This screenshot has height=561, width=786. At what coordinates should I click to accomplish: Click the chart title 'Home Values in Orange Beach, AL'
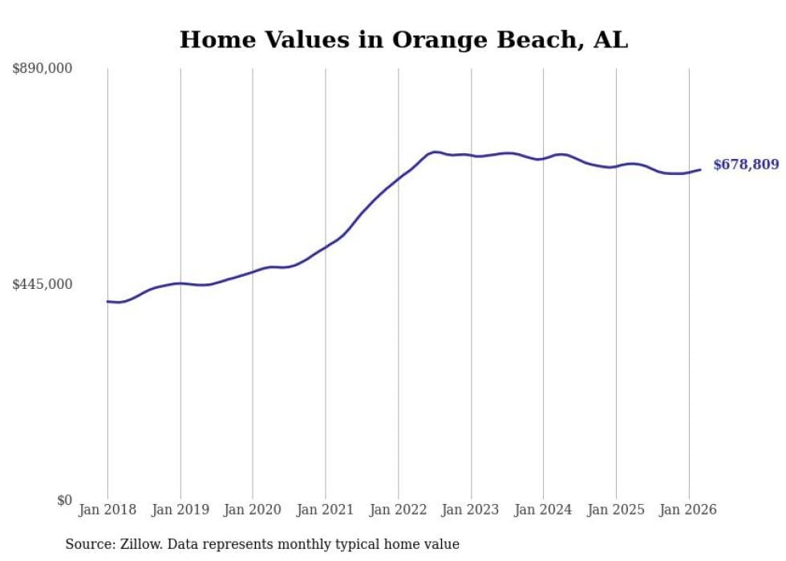coord(403,39)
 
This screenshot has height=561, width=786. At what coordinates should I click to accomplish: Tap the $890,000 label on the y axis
coord(42,69)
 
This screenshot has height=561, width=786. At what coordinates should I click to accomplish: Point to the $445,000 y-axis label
coord(42,284)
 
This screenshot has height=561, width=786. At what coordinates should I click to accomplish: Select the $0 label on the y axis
coord(64,500)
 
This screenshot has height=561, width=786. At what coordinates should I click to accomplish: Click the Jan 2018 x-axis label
coord(107,510)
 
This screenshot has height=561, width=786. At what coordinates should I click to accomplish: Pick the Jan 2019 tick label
coord(180,510)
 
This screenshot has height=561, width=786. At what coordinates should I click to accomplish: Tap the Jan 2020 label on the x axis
coord(253,510)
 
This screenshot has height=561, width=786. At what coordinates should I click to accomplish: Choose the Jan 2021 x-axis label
coord(326,510)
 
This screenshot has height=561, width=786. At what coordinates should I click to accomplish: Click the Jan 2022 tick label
coord(398,510)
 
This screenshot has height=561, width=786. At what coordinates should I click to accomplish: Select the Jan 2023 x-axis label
coord(471,510)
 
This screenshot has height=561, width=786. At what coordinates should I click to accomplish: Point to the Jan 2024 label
coord(543,510)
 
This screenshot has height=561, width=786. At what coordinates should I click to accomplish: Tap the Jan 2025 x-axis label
coord(616,510)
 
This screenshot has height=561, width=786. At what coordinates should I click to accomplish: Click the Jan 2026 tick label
coord(688,510)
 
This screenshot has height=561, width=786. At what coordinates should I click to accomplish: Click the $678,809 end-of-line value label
coord(745,165)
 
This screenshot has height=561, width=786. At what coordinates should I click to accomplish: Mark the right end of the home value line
coord(700,169)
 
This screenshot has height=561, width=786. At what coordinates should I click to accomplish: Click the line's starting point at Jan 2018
coord(107,302)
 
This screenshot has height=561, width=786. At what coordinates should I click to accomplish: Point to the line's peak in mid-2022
coord(435,151)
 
